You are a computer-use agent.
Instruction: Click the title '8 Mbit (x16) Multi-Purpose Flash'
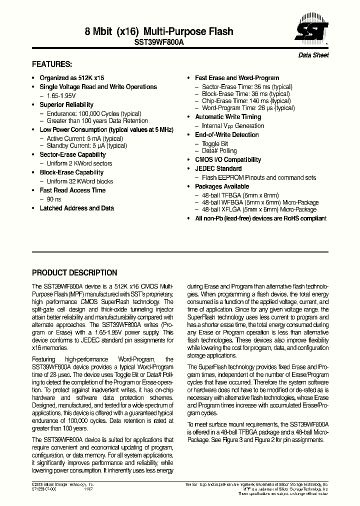(159, 31)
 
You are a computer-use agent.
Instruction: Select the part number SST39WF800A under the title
(159, 43)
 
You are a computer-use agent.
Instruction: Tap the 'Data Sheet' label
(313, 55)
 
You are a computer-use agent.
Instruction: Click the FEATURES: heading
(52, 64)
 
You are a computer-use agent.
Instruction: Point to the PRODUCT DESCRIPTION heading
(74, 273)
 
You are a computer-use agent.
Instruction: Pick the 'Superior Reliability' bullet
(66, 104)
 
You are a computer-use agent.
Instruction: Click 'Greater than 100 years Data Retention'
(97, 120)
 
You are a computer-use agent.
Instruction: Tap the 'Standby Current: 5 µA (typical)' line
(86, 145)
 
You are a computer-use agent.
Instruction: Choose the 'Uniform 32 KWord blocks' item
(79, 181)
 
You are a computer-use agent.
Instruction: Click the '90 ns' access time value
(53, 199)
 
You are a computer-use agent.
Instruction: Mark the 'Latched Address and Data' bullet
(76, 208)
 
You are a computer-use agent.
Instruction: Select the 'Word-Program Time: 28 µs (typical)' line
(248, 107)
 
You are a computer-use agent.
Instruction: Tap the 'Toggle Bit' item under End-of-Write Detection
(214, 143)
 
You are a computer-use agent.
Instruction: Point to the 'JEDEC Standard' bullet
(218, 168)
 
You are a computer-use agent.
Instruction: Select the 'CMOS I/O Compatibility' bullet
(227, 159)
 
